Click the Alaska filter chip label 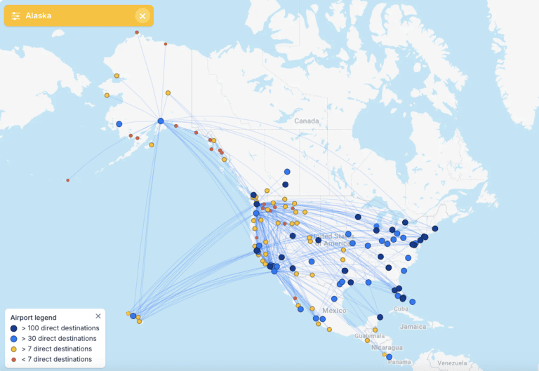pyautogui.click(x=39, y=15)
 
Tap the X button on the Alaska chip pyautogui.click(x=142, y=15)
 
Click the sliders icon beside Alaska pyautogui.click(x=16, y=15)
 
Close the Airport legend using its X pyautogui.click(x=98, y=316)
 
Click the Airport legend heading pyautogui.click(x=34, y=317)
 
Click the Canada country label pyautogui.click(x=306, y=121)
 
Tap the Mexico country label pyautogui.click(x=335, y=310)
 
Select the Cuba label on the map pyautogui.click(x=401, y=309)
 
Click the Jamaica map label pyautogui.click(x=412, y=327)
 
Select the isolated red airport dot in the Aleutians pyautogui.click(x=68, y=180)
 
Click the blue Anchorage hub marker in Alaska pyautogui.click(x=161, y=121)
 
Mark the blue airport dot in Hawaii pyautogui.click(x=133, y=316)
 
